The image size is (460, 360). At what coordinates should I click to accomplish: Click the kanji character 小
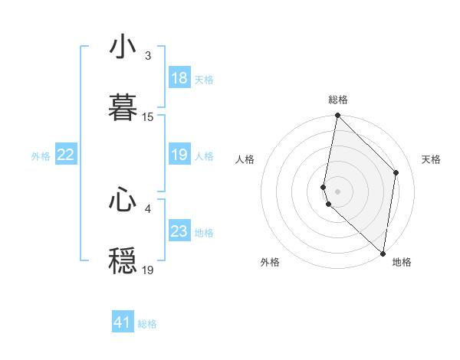click(x=123, y=47)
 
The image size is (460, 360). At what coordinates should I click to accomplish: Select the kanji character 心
click(x=123, y=200)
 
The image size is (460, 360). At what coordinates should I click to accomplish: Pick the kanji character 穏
click(x=123, y=260)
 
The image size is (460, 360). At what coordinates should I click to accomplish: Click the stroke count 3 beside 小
click(x=148, y=57)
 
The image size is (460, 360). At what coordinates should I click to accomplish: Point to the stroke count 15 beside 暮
click(x=148, y=117)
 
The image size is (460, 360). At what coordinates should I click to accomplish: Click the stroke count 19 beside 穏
click(x=148, y=270)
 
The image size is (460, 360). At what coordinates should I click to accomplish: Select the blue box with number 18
click(x=179, y=78)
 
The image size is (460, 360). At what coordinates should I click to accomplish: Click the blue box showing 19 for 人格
click(x=179, y=155)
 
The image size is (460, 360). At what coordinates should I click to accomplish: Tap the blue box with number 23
click(x=179, y=231)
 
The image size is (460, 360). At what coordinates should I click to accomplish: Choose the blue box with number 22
click(x=66, y=155)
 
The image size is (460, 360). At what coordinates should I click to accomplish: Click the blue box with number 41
click(x=123, y=322)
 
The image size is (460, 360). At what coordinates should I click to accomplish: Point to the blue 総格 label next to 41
click(x=147, y=324)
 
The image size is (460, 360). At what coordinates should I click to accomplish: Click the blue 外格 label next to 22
click(x=41, y=156)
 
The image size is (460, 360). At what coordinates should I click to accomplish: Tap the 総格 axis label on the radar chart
click(x=338, y=100)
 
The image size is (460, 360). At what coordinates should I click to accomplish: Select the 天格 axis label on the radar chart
click(x=431, y=159)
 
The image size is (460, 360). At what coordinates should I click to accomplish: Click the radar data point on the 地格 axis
click(x=383, y=254)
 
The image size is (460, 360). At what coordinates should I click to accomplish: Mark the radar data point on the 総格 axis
click(x=337, y=116)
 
